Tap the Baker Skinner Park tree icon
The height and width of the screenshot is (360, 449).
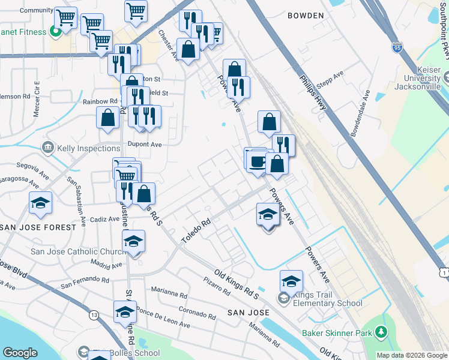coord(381,332)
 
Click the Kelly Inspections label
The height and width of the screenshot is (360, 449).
coord(88,148)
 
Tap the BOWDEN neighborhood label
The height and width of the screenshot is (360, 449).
coord(306,16)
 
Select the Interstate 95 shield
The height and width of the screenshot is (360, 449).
coord(397,46)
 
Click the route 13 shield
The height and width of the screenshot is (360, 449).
coord(94,314)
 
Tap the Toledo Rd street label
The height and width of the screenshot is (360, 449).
coord(197,230)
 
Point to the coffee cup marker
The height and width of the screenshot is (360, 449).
coord(257,161)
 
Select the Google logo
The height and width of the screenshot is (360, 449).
coord(20,352)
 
